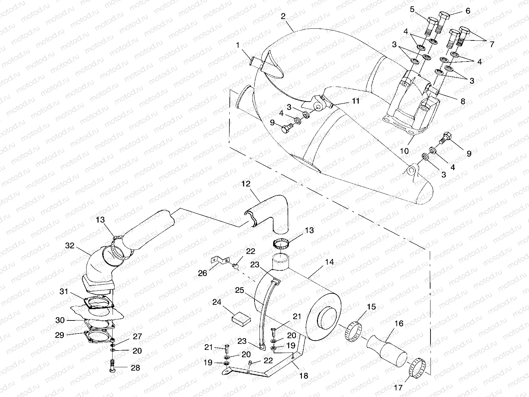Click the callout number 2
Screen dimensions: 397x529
click(x=283, y=17)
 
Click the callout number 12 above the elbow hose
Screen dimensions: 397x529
click(x=246, y=184)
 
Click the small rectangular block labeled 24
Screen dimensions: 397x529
click(x=241, y=317)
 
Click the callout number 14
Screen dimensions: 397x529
click(x=329, y=262)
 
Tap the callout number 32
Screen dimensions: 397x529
click(x=69, y=246)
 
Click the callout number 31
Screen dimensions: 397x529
click(x=64, y=292)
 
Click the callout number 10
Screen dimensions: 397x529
click(x=404, y=151)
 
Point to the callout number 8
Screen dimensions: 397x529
click(x=463, y=102)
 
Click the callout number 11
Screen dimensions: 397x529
click(x=356, y=101)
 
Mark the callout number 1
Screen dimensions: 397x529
click(x=238, y=45)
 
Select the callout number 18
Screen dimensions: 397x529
click(x=303, y=376)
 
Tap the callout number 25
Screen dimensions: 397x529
click(x=239, y=290)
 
